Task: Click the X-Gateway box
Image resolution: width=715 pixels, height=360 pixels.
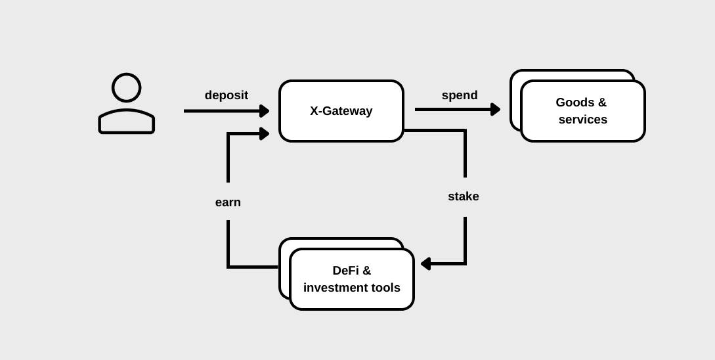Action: pyautogui.click(x=341, y=111)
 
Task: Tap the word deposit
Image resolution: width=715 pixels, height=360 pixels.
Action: pyautogui.click(x=226, y=95)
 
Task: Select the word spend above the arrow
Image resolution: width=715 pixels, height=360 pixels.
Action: pyautogui.click(x=460, y=95)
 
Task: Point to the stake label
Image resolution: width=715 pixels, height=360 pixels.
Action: pyautogui.click(x=464, y=196)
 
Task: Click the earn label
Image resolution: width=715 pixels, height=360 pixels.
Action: pyautogui.click(x=228, y=202)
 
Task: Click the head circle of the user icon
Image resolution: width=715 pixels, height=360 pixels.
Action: pyautogui.click(x=126, y=87)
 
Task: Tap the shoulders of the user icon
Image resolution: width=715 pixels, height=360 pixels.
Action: pyautogui.click(x=126, y=122)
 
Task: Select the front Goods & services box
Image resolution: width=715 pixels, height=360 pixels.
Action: pyautogui.click(x=582, y=111)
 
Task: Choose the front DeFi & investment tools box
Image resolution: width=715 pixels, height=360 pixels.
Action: pyautogui.click(x=351, y=279)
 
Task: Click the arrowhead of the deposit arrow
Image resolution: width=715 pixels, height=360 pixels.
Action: pyautogui.click(x=265, y=111)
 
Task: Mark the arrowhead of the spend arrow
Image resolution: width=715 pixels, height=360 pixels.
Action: pyautogui.click(x=496, y=110)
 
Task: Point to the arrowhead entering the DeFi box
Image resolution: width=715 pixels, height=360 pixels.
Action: pyautogui.click(x=425, y=263)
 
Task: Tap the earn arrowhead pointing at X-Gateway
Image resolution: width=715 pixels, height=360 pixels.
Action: pyautogui.click(x=265, y=134)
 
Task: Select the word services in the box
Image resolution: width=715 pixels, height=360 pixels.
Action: pyautogui.click(x=582, y=120)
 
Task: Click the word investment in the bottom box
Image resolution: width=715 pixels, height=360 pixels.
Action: pyautogui.click(x=335, y=288)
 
